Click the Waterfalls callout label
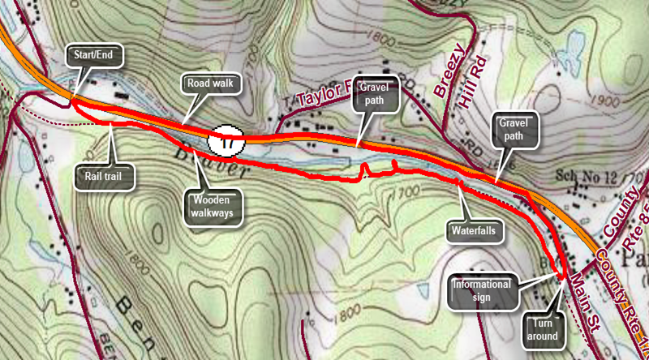pos(474,229)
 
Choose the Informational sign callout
pos(481,290)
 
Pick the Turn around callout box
pos(545,330)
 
